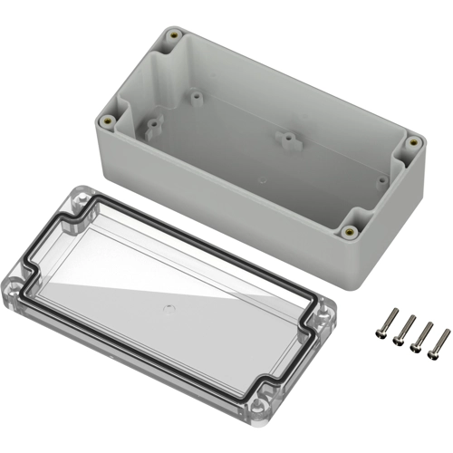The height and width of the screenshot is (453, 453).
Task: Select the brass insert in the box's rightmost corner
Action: click(x=413, y=142)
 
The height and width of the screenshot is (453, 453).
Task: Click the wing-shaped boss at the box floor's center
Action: click(x=287, y=139)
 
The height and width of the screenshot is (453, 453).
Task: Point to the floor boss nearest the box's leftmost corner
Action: click(x=152, y=121)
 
